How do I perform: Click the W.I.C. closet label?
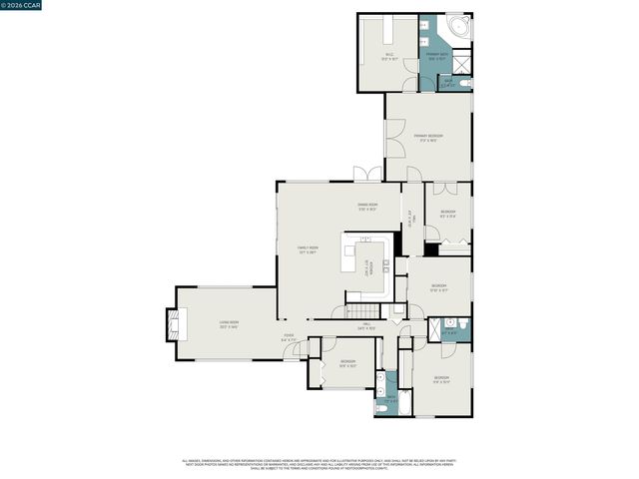(x=389, y=56)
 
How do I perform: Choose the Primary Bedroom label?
(x=429, y=138)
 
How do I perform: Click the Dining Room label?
(x=366, y=207)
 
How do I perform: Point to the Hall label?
(x=365, y=326)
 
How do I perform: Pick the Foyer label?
(x=289, y=337)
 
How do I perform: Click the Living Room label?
(x=229, y=324)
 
